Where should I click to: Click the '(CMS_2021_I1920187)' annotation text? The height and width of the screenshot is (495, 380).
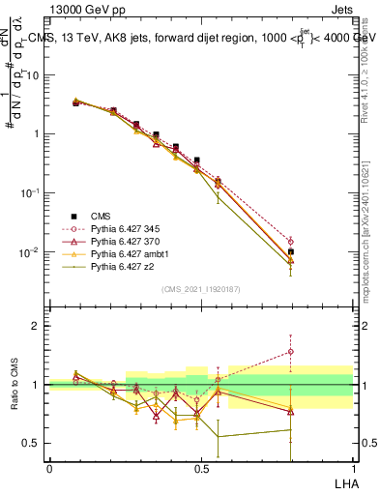coord(200,288)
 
